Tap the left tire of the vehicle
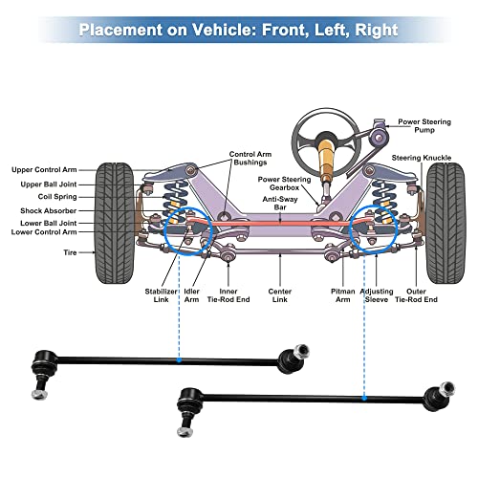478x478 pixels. pos(115,223)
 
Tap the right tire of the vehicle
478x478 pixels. pos(445,223)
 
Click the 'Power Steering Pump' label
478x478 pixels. pos(424,126)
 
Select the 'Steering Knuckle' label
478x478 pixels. pos(422,158)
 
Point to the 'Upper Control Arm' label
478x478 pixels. pos(44,170)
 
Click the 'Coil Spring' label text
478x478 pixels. pos(57,197)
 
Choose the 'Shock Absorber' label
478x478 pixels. pos(49,210)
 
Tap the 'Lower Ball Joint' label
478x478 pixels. pos(49,223)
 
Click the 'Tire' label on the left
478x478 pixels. pos(70,252)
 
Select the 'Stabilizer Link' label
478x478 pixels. pos(161,295)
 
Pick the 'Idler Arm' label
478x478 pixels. pos(191,295)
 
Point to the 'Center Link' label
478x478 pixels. pos(280,295)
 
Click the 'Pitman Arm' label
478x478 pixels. pos(343,295)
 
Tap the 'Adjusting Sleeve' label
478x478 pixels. pos(377,295)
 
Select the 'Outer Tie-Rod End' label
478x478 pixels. pos(416,295)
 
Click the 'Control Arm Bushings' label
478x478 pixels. pos(250,159)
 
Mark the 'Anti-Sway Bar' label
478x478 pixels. pos(280,204)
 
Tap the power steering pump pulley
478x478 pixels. pos(379,138)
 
